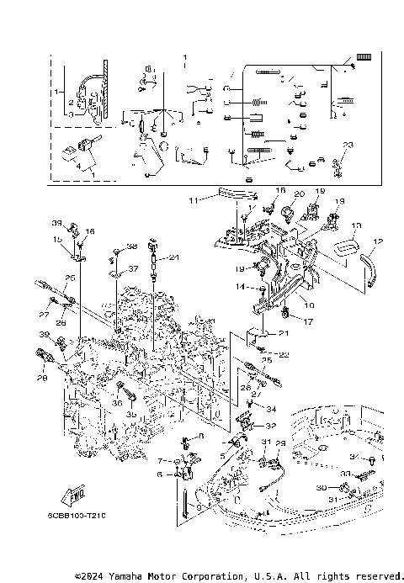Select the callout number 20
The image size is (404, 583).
coord(297,193)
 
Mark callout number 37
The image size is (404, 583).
coord(132,269)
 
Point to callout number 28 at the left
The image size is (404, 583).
coord(42,379)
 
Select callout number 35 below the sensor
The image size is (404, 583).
coord(130,415)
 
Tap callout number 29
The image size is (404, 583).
coord(281,443)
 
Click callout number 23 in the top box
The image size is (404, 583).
coord(348,145)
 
